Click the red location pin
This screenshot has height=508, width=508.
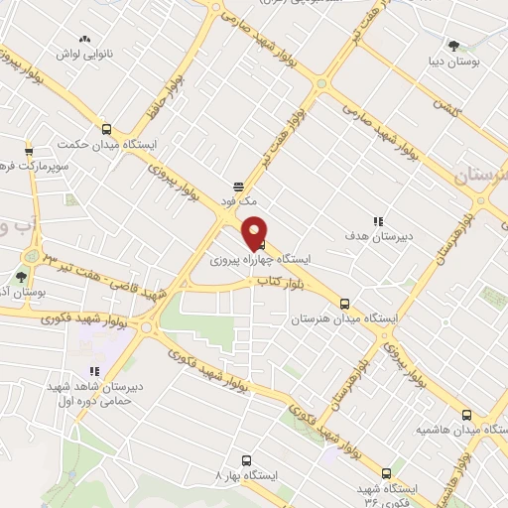tap(255, 232)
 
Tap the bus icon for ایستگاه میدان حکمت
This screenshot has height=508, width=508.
tap(107, 127)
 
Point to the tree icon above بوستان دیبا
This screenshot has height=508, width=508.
tap(454, 46)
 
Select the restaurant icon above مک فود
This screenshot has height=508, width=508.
tap(238, 186)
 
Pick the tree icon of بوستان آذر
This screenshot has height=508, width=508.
tap(22, 277)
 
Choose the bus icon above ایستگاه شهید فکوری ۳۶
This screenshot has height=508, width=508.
tap(386, 472)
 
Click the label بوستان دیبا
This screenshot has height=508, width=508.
tap(458, 62)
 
